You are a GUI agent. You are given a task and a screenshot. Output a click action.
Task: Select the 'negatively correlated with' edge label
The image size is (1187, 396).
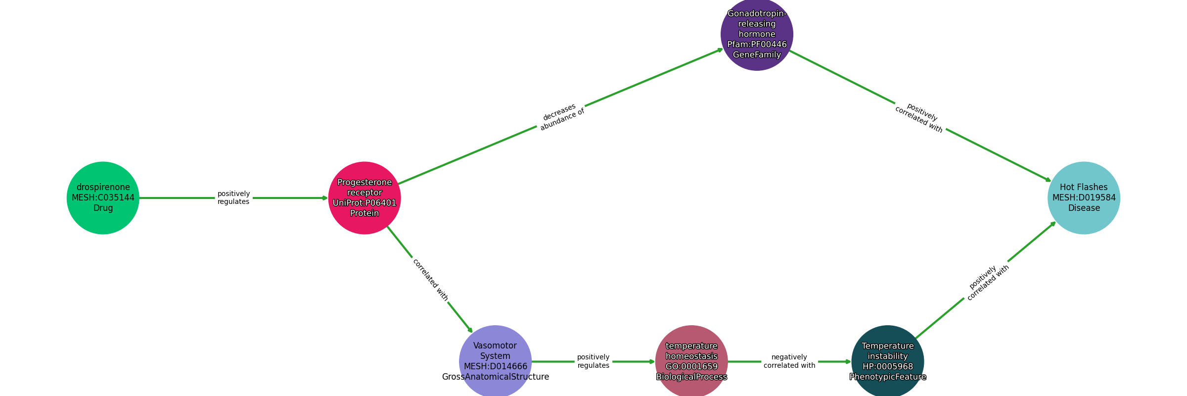tap(789, 361)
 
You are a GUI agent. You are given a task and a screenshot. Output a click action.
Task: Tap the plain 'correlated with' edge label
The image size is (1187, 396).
tap(430, 280)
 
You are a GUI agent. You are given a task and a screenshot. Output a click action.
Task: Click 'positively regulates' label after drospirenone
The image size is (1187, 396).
tap(233, 198)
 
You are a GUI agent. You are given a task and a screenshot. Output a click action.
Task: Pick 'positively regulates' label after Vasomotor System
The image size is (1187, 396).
tap(593, 361)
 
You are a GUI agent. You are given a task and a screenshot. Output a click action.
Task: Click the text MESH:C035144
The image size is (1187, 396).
tap(103, 198)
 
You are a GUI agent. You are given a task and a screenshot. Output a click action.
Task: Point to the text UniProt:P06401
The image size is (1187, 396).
tap(365, 203)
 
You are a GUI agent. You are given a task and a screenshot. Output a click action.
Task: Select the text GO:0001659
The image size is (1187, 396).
tap(691, 367)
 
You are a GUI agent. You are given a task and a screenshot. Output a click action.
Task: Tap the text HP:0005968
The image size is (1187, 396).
tap(887, 367)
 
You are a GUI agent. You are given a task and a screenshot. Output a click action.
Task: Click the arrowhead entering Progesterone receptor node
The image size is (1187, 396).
tap(325, 198)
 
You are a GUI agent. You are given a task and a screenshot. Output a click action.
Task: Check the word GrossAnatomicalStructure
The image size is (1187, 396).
tap(495, 377)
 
